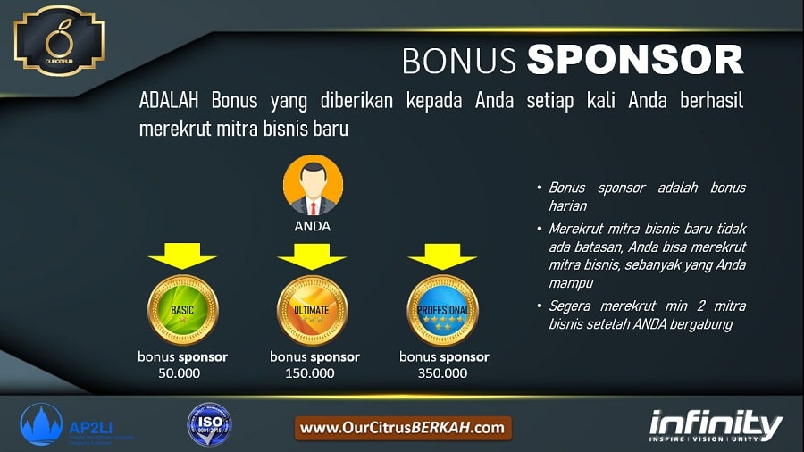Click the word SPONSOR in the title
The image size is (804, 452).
click(x=634, y=60)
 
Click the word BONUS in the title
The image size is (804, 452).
click(x=459, y=60)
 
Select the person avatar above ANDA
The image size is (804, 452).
click(x=313, y=185)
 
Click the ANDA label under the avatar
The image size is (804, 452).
click(x=313, y=226)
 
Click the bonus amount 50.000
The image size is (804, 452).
click(x=182, y=372)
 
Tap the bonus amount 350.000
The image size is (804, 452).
click(x=443, y=372)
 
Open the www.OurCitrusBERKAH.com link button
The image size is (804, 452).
click(x=403, y=428)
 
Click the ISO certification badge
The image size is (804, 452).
click(x=209, y=424)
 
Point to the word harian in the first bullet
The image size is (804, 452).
click(x=567, y=206)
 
